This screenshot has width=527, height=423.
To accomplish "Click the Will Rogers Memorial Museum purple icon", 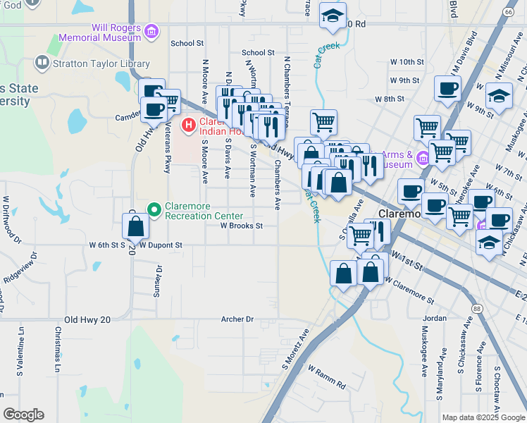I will pos(151,31).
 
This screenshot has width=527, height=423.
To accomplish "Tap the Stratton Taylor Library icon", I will pos(42,63).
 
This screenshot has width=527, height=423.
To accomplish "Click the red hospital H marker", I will pos(188,126).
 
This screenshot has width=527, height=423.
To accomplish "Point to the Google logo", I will pos(23,415).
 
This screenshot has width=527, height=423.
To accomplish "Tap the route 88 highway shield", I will pos(477,308).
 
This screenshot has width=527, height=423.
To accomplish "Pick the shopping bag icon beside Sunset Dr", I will pos(135,227).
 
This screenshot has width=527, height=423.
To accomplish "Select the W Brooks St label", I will pos(241,226).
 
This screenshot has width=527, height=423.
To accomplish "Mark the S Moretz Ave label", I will pos(296,353).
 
